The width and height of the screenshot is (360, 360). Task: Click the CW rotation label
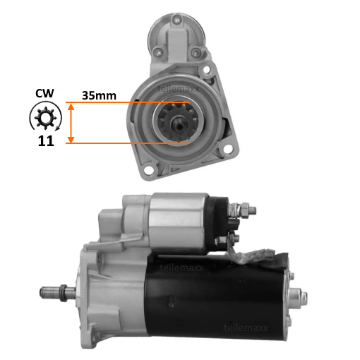click(x=44, y=93)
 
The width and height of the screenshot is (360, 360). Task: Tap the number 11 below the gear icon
click(x=46, y=141)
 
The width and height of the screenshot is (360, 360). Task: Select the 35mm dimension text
click(x=99, y=96)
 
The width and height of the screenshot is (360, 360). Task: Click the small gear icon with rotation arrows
click(x=46, y=116)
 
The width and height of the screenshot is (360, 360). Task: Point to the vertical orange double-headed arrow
click(x=71, y=123)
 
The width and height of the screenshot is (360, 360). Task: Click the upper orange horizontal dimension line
click(x=127, y=102)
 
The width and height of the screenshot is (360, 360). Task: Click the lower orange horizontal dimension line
click(x=127, y=143)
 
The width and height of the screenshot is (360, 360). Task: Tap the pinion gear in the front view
click(x=178, y=123)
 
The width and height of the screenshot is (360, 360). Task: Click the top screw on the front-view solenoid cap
click(x=176, y=20)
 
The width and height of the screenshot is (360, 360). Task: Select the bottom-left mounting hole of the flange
click(x=148, y=170)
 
